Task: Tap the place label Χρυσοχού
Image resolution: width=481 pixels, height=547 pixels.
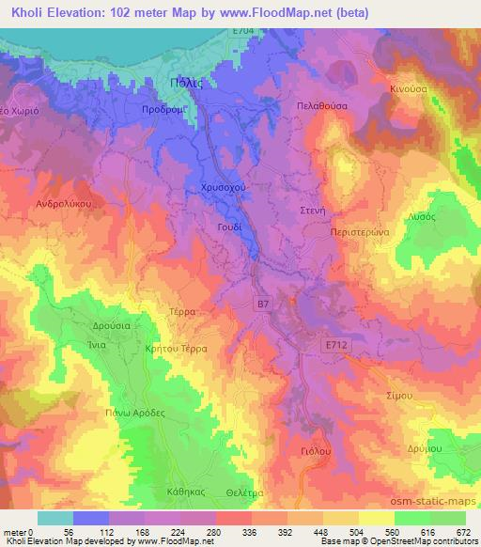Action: point(225,188)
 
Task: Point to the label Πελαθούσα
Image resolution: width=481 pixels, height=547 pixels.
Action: point(321,107)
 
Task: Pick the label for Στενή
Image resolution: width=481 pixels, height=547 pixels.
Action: point(312,211)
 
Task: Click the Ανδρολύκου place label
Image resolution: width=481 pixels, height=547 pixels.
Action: point(61,203)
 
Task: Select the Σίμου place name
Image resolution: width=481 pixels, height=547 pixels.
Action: point(401,398)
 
